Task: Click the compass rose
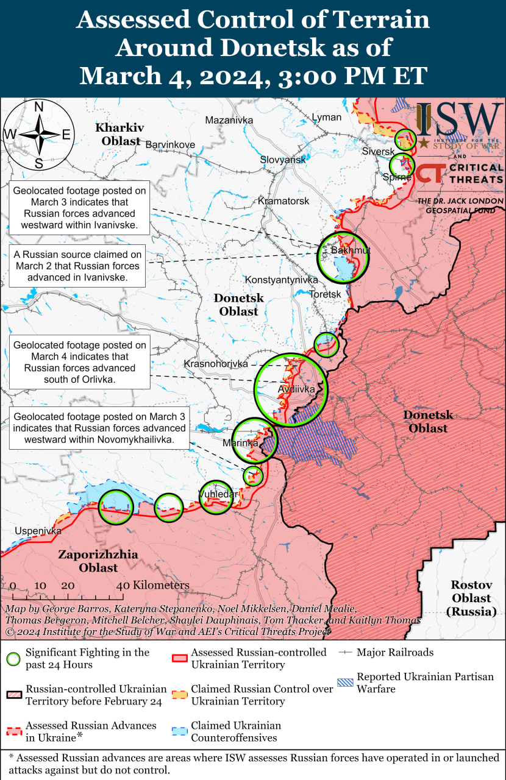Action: (x=38, y=135)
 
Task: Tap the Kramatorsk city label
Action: (x=283, y=200)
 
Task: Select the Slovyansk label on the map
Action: (x=283, y=159)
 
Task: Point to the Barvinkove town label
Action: (x=170, y=144)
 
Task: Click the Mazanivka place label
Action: (x=229, y=120)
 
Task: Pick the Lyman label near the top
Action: (x=326, y=116)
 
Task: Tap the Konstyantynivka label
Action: (x=282, y=280)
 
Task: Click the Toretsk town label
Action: (x=325, y=294)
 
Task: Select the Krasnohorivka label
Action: (x=216, y=364)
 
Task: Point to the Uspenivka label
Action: (x=38, y=531)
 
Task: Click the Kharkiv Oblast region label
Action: (x=119, y=134)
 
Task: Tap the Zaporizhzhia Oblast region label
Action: (x=98, y=561)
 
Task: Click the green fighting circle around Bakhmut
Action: (x=343, y=258)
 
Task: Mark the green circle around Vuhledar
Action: (x=216, y=497)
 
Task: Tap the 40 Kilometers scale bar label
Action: (x=153, y=585)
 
